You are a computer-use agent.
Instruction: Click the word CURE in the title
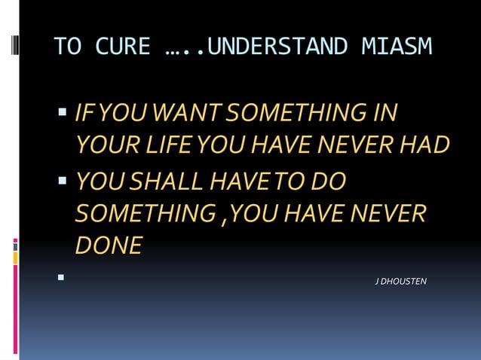123,47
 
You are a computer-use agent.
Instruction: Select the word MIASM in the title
394,47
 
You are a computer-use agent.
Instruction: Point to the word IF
86,114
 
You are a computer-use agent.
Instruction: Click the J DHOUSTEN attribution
401,282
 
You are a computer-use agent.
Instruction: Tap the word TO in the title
69,47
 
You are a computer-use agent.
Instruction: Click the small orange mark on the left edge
15,258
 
